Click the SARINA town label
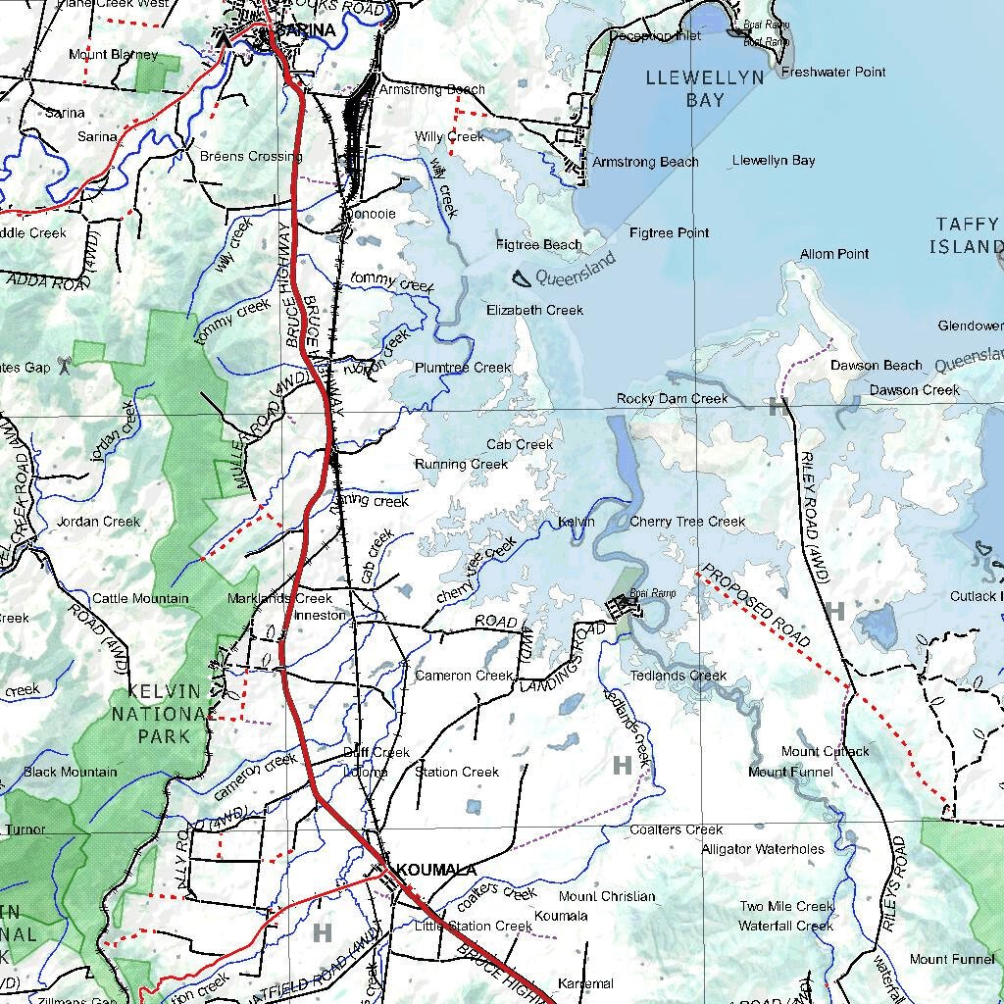[306, 30]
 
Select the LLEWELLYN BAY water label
[705, 88]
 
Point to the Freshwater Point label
[833, 72]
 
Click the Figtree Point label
[669, 232]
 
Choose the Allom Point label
[834, 254]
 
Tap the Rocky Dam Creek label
[672, 398]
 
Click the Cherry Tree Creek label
[687, 522]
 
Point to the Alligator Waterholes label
[763, 849]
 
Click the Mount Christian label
[607, 896]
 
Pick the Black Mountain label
[70, 772]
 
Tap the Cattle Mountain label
[140, 598]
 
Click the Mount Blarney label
[113, 54]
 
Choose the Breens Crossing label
[250, 156]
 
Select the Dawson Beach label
[877, 365]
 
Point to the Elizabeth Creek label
[534, 310]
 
